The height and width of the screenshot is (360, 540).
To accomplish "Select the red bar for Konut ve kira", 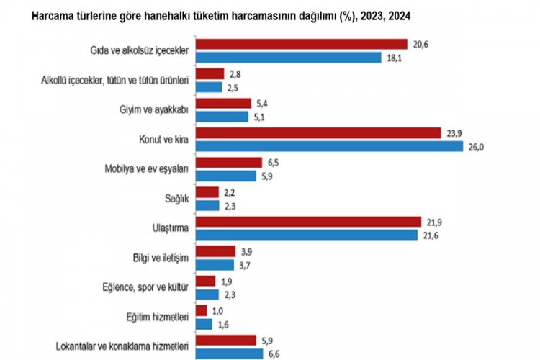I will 318,133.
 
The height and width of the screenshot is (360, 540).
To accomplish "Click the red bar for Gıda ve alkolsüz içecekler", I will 301,45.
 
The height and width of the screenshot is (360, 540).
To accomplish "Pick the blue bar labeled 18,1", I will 288,58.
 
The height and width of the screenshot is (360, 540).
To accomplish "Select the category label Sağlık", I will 177,199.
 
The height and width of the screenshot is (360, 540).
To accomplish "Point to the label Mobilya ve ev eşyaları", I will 146,169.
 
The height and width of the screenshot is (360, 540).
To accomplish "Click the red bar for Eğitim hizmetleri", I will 201,310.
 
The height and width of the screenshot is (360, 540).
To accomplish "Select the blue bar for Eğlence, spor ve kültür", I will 207,294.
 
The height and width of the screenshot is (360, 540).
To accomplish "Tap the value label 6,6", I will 274,354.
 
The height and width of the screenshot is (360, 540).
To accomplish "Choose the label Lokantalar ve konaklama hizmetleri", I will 122,346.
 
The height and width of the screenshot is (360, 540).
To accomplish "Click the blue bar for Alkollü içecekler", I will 208,87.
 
